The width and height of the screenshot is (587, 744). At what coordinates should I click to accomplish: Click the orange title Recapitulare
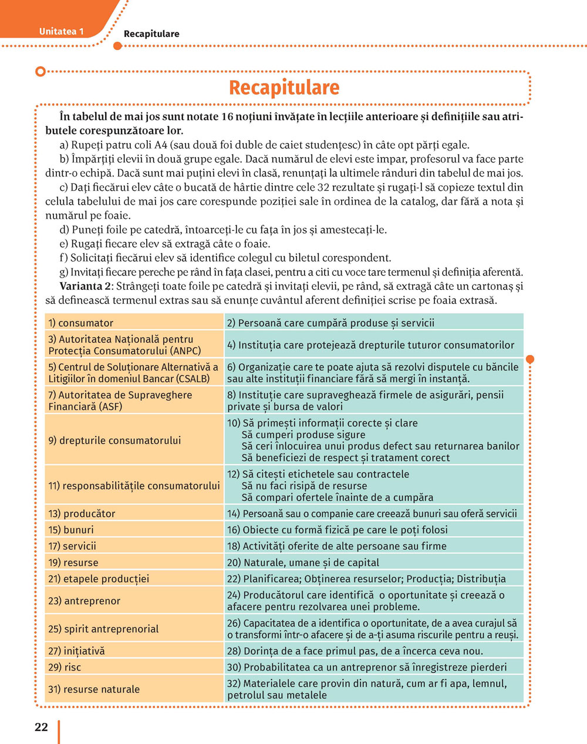[284, 87]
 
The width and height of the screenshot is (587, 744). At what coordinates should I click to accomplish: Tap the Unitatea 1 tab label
[61, 31]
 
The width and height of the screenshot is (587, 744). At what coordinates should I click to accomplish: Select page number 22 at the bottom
[41, 727]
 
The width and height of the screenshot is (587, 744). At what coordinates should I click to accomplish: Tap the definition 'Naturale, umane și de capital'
[311, 563]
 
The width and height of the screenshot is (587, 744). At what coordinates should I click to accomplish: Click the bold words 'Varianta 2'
[85, 286]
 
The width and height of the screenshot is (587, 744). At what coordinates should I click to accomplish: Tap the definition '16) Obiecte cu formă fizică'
[337, 530]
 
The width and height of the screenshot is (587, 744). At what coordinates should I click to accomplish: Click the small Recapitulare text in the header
[151, 34]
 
